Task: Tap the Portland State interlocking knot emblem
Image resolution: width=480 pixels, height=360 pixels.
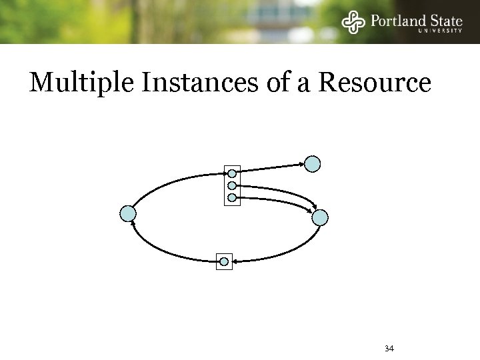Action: [353, 22]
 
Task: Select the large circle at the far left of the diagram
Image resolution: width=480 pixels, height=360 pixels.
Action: [128, 213]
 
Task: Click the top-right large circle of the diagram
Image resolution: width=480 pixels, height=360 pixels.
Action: [313, 163]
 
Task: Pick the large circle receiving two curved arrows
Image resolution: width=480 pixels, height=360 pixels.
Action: [321, 217]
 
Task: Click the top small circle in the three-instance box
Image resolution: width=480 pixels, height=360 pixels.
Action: [232, 173]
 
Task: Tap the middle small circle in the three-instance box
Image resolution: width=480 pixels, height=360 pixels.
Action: [232, 185]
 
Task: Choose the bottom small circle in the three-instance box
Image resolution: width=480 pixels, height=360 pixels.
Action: [232, 197]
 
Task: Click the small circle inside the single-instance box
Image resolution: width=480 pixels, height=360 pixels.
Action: [225, 261]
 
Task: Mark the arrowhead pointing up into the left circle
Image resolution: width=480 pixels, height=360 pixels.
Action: [134, 225]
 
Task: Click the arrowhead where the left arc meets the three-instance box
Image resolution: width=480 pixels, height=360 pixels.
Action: [223, 174]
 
